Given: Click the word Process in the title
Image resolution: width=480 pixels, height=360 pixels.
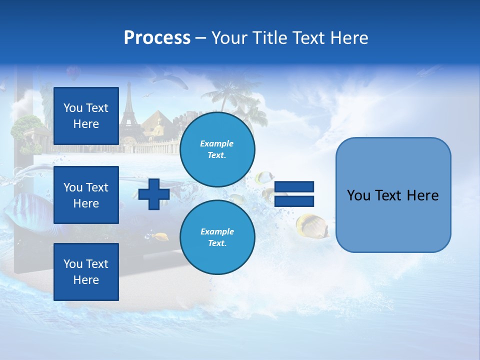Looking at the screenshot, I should tap(157, 38).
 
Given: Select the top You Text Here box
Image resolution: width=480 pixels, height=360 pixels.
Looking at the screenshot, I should tap(86, 116).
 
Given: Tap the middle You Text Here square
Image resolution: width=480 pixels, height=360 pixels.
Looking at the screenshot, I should tap(86, 195).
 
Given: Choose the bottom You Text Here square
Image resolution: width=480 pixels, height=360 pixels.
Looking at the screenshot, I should tap(86, 271).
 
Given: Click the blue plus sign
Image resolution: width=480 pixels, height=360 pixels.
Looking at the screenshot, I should tap(154, 194).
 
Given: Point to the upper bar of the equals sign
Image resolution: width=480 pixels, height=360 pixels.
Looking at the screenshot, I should tap(294, 187).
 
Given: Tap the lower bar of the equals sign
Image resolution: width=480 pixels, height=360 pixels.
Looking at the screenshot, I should tap(294, 201).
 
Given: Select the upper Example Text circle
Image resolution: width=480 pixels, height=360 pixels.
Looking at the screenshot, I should tap(217, 149).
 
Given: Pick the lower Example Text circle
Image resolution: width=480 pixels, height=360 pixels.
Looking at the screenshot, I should tap(217, 237).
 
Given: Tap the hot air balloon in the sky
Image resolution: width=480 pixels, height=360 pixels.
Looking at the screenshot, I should tap(73, 73).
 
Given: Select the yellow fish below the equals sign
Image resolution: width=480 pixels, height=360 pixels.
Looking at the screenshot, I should tap(311, 225).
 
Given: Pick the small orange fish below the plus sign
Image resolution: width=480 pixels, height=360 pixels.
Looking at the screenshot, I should tap(160, 236).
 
